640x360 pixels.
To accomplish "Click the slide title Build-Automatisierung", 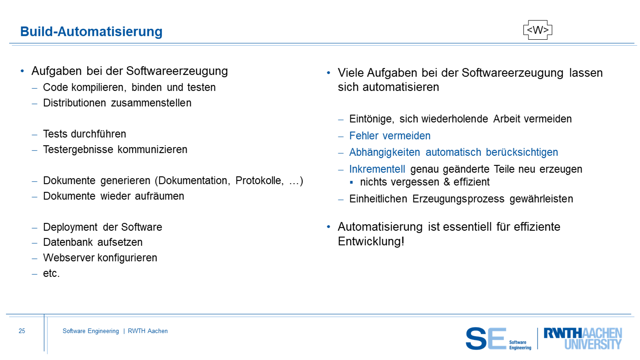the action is point(91,32).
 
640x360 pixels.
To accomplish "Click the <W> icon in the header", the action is point(538,30).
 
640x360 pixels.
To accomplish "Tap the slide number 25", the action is point(22,331).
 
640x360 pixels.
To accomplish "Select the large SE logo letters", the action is point(486,339).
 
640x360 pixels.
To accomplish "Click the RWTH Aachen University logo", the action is point(583,339).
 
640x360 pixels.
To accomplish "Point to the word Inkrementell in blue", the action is point(377,169).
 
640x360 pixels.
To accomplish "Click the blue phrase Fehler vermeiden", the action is point(389,136).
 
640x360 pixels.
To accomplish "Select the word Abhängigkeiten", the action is point(384,153).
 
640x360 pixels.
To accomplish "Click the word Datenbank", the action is point(68,242).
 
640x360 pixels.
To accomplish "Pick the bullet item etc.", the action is point(51,273).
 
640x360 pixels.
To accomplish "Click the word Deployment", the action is point(70,227).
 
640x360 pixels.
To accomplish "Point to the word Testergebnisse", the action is point(78,149).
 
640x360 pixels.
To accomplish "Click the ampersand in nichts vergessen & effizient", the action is point(447,182).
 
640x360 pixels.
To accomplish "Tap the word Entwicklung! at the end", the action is point(371,242).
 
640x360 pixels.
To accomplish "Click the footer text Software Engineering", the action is point(91,331).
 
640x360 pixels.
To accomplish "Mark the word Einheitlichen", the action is point(378,199).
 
